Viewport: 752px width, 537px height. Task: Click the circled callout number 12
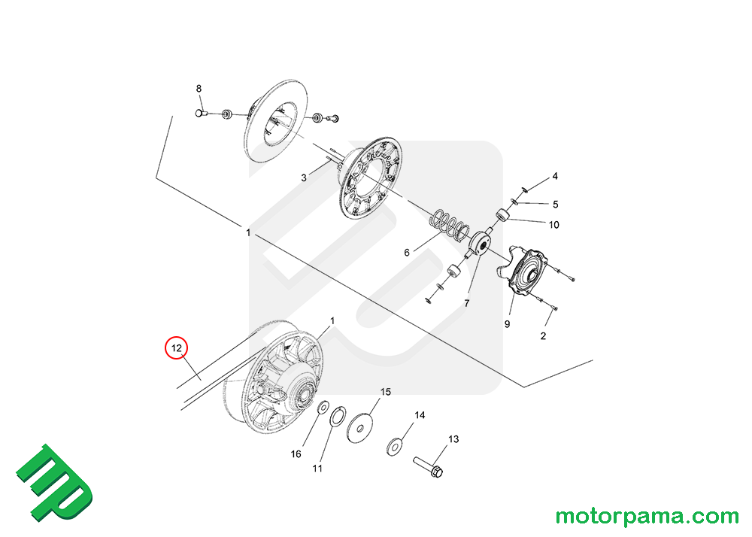pos(176,348)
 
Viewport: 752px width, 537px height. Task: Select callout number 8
pos(199,89)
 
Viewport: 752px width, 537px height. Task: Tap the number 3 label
pos(304,178)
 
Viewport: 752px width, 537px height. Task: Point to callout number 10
pos(554,225)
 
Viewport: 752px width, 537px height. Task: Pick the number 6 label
pos(407,253)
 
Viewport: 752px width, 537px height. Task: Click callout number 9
pos(507,324)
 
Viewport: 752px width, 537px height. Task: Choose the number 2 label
pos(543,336)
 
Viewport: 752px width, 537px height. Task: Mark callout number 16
pos(296,454)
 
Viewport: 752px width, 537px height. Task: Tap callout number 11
pos(317,469)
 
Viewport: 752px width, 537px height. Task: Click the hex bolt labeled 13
pos(429,466)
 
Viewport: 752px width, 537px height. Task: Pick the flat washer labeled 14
pos(394,447)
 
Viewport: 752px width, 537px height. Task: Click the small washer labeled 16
pos(323,407)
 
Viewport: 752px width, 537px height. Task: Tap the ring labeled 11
pos(338,416)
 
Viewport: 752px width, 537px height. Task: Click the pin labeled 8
pos(202,114)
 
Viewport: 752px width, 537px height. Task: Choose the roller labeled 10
pos(503,215)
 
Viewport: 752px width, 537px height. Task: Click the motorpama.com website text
pos(647,517)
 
